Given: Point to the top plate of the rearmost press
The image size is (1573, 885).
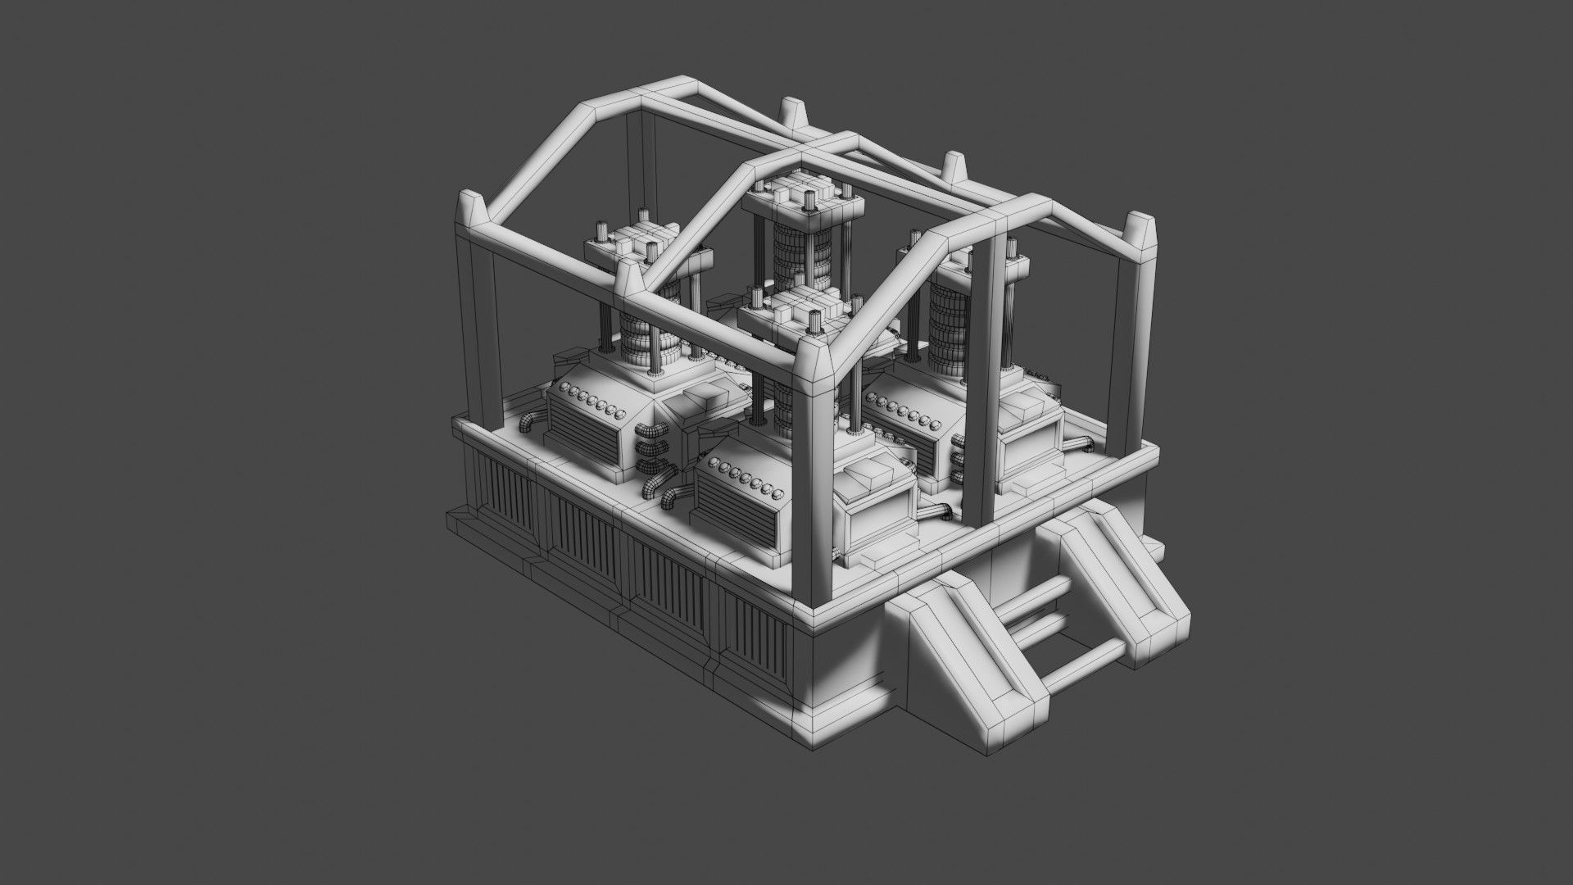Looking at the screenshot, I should click(x=803, y=195).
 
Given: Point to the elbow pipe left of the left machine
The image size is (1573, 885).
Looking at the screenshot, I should click(x=528, y=422).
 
